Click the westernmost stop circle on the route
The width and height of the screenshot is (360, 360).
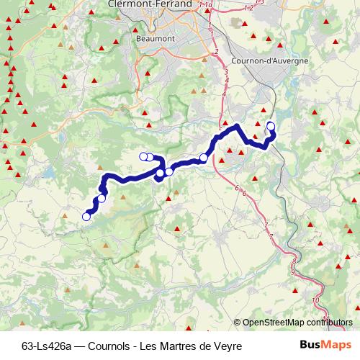click(86, 216)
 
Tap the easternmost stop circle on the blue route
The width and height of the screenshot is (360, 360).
click(271, 127)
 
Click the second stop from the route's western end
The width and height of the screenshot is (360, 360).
click(102, 199)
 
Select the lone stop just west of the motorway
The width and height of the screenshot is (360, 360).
click(204, 158)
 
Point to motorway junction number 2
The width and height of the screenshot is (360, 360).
click(216, 52)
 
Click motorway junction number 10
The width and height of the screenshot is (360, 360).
click(315, 300)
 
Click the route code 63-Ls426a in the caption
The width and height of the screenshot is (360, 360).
click(47, 346)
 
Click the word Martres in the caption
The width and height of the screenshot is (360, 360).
click(178, 346)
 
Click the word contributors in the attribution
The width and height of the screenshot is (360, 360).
click(331, 322)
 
